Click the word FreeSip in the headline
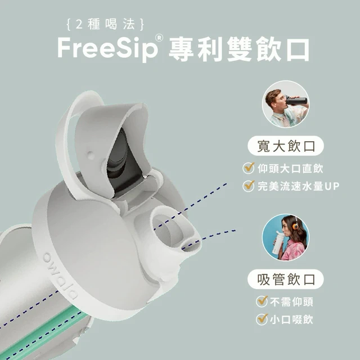(107, 49)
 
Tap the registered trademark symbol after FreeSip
(159, 38)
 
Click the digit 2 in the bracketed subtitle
(79, 25)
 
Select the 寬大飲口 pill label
(286, 146)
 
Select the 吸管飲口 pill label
(286, 279)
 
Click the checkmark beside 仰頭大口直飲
(249, 168)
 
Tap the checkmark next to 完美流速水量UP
(249, 186)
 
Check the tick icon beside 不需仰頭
(262, 301)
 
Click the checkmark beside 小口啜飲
(262, 319)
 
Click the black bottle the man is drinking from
(296, 101)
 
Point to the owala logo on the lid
(60, 276)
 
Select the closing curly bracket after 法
(142, 25)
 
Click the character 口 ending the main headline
(298, 49)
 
